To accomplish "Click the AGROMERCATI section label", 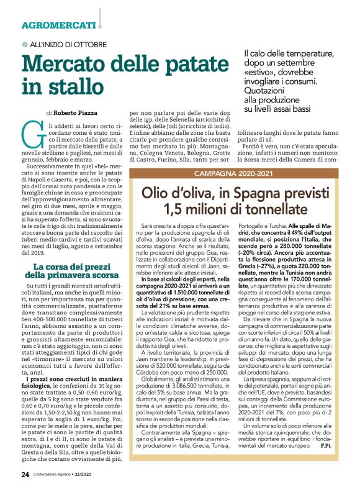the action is pyautogui.click(x=58, y=25).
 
